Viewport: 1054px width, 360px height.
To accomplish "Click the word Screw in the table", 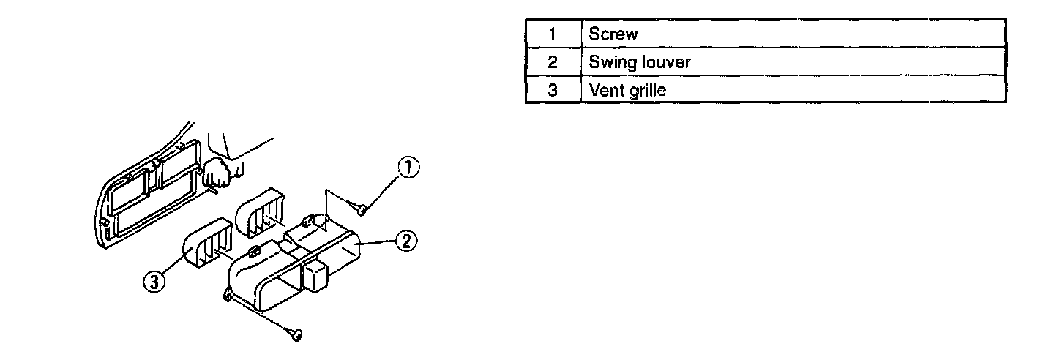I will [x=613, y=34].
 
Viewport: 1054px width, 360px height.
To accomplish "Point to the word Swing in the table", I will [x=609, y=63].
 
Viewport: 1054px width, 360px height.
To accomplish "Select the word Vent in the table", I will [x=605, y=91].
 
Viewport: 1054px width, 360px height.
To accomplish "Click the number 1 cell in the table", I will [x=553, y=34].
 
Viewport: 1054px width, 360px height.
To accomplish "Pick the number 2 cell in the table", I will [x=553, y=62].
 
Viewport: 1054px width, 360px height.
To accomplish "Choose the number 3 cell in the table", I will [x=553, y=91].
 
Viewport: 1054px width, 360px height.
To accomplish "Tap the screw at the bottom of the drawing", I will [x=296, y=335].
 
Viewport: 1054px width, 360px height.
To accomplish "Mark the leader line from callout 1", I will [x=383, y=191].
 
